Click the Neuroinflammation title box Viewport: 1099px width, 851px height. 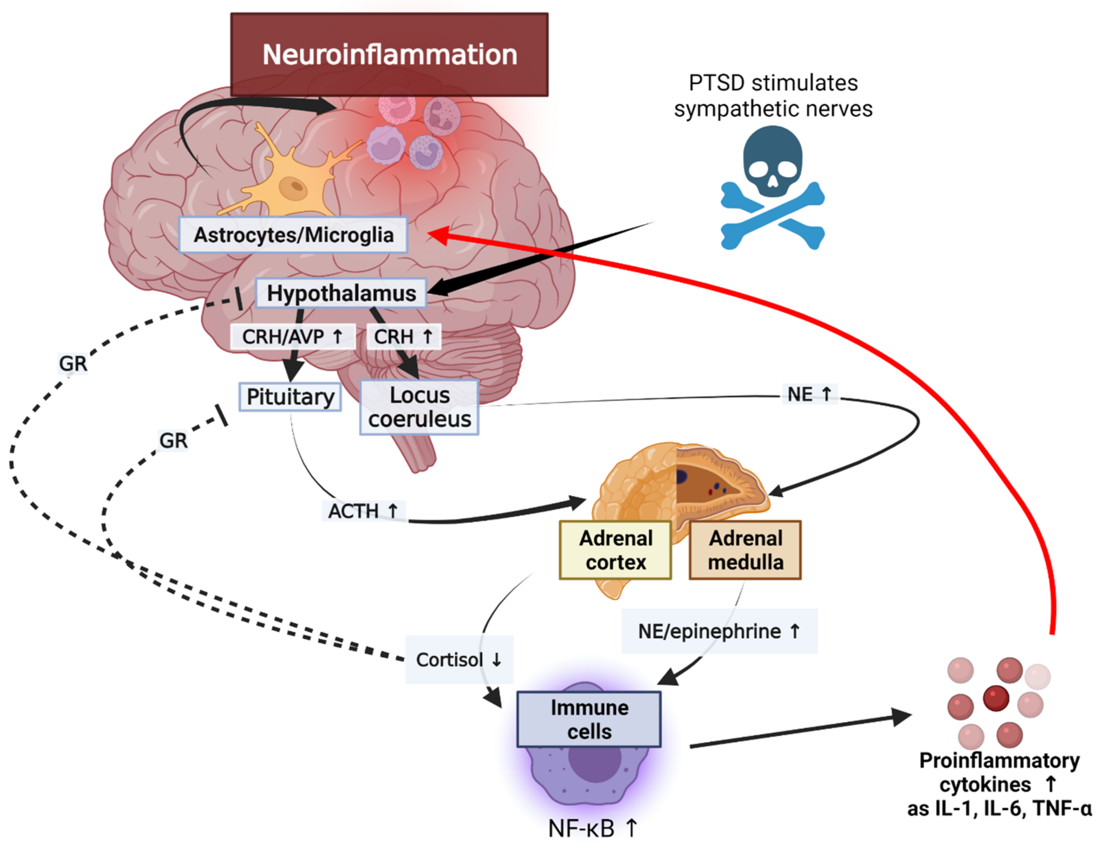click(389, 54)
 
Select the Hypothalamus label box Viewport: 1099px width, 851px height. click(341, 293)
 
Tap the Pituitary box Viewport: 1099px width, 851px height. click(290, 397)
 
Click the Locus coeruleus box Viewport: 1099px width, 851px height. click(419, 407)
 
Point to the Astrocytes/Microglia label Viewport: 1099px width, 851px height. click(293, 235)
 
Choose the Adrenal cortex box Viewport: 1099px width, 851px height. click(615, 550)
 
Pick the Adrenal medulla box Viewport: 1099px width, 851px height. click(745, 550)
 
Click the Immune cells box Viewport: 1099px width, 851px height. click(589, 719)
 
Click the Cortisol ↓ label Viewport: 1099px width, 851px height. click(459, 659)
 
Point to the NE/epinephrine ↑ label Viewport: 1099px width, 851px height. click(719, 631)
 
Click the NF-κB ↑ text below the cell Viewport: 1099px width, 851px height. click(593, 828)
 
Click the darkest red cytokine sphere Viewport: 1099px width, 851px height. click(996, 698)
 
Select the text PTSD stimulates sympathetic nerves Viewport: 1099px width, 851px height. click(773, 96)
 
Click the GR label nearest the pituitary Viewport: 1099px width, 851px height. click(173, 440)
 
